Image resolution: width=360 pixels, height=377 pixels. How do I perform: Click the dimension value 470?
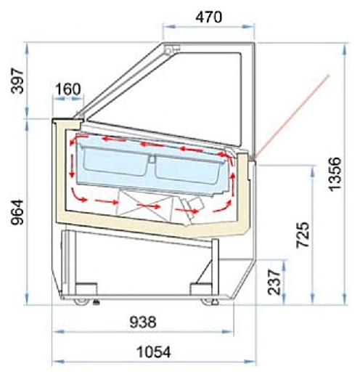coord(208,17)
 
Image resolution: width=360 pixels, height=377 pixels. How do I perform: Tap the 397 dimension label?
coord(18,81)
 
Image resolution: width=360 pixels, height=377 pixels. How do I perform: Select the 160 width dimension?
coord(68,89)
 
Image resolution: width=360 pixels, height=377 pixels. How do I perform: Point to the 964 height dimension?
coord(18,212)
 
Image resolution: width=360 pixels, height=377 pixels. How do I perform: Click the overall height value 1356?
coord(336,174)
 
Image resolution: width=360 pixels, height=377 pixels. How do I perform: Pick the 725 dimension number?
coord(303,235)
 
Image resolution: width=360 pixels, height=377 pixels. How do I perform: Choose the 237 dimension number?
coord(274,282)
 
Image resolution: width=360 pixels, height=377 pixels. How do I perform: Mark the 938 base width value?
coord(143,323)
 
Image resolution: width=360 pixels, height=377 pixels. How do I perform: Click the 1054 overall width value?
coord(154,352)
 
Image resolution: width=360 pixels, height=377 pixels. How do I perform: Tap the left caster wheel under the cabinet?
coord(81,301)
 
